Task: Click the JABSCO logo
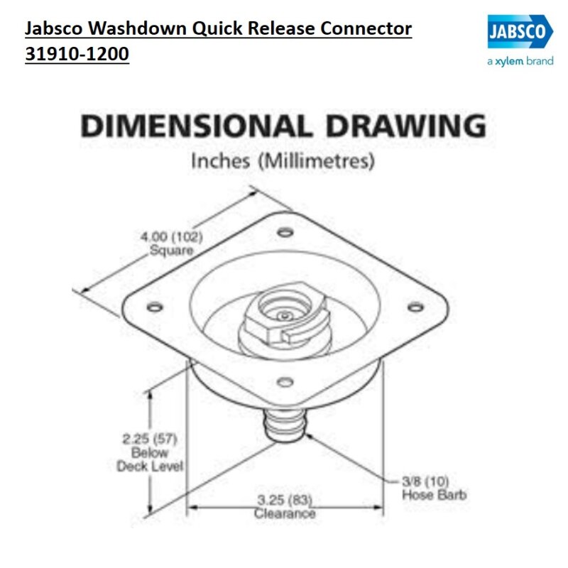(x=520, y=31)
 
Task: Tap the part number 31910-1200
(x=77, y=54)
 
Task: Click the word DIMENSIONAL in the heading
(x=196, y=126)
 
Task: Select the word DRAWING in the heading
(x=405, y=126)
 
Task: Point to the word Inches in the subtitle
(x=221, y=161)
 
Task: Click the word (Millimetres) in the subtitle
(x=316, y=161)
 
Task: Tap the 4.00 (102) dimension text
(x=171, y=237)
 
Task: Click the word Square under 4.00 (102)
(x=171, y=251)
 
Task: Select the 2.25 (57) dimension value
(x=150, y=439)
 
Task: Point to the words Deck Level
(x=150, y=466)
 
